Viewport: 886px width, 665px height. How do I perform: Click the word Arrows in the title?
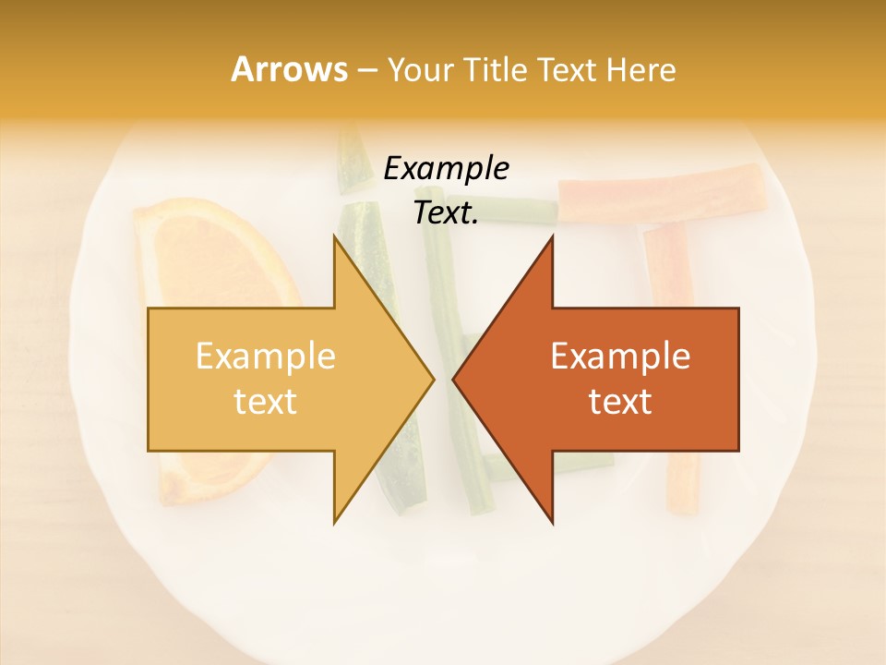coord(289,69)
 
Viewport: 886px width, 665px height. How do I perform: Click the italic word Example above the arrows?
coord(446,168)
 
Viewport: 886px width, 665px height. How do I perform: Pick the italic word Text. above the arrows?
coord(446,212)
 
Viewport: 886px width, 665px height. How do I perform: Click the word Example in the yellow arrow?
coord(266,356)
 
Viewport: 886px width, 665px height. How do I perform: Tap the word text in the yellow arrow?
coord(266,401)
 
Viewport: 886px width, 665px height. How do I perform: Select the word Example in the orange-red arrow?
coord(620,356)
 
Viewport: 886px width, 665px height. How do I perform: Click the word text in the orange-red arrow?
coord(620,401)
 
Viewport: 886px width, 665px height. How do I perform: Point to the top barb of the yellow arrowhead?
coord(336,238)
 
